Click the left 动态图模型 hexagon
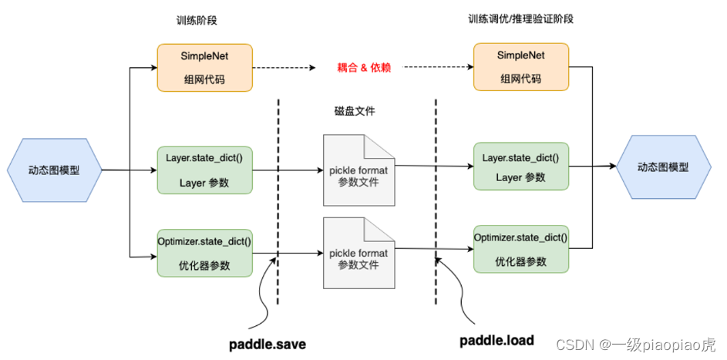coord(55,170)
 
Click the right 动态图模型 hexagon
coord(663,167)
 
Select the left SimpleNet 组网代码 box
coord(204,68)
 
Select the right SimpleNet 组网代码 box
coord(520,68)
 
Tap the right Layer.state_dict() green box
coord(520,167)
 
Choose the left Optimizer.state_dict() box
coord(204,252)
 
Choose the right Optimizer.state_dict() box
coord(520,249)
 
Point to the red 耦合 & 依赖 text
coord(365,68)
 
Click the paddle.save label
coord(268,344)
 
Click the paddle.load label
coord(496,341)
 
